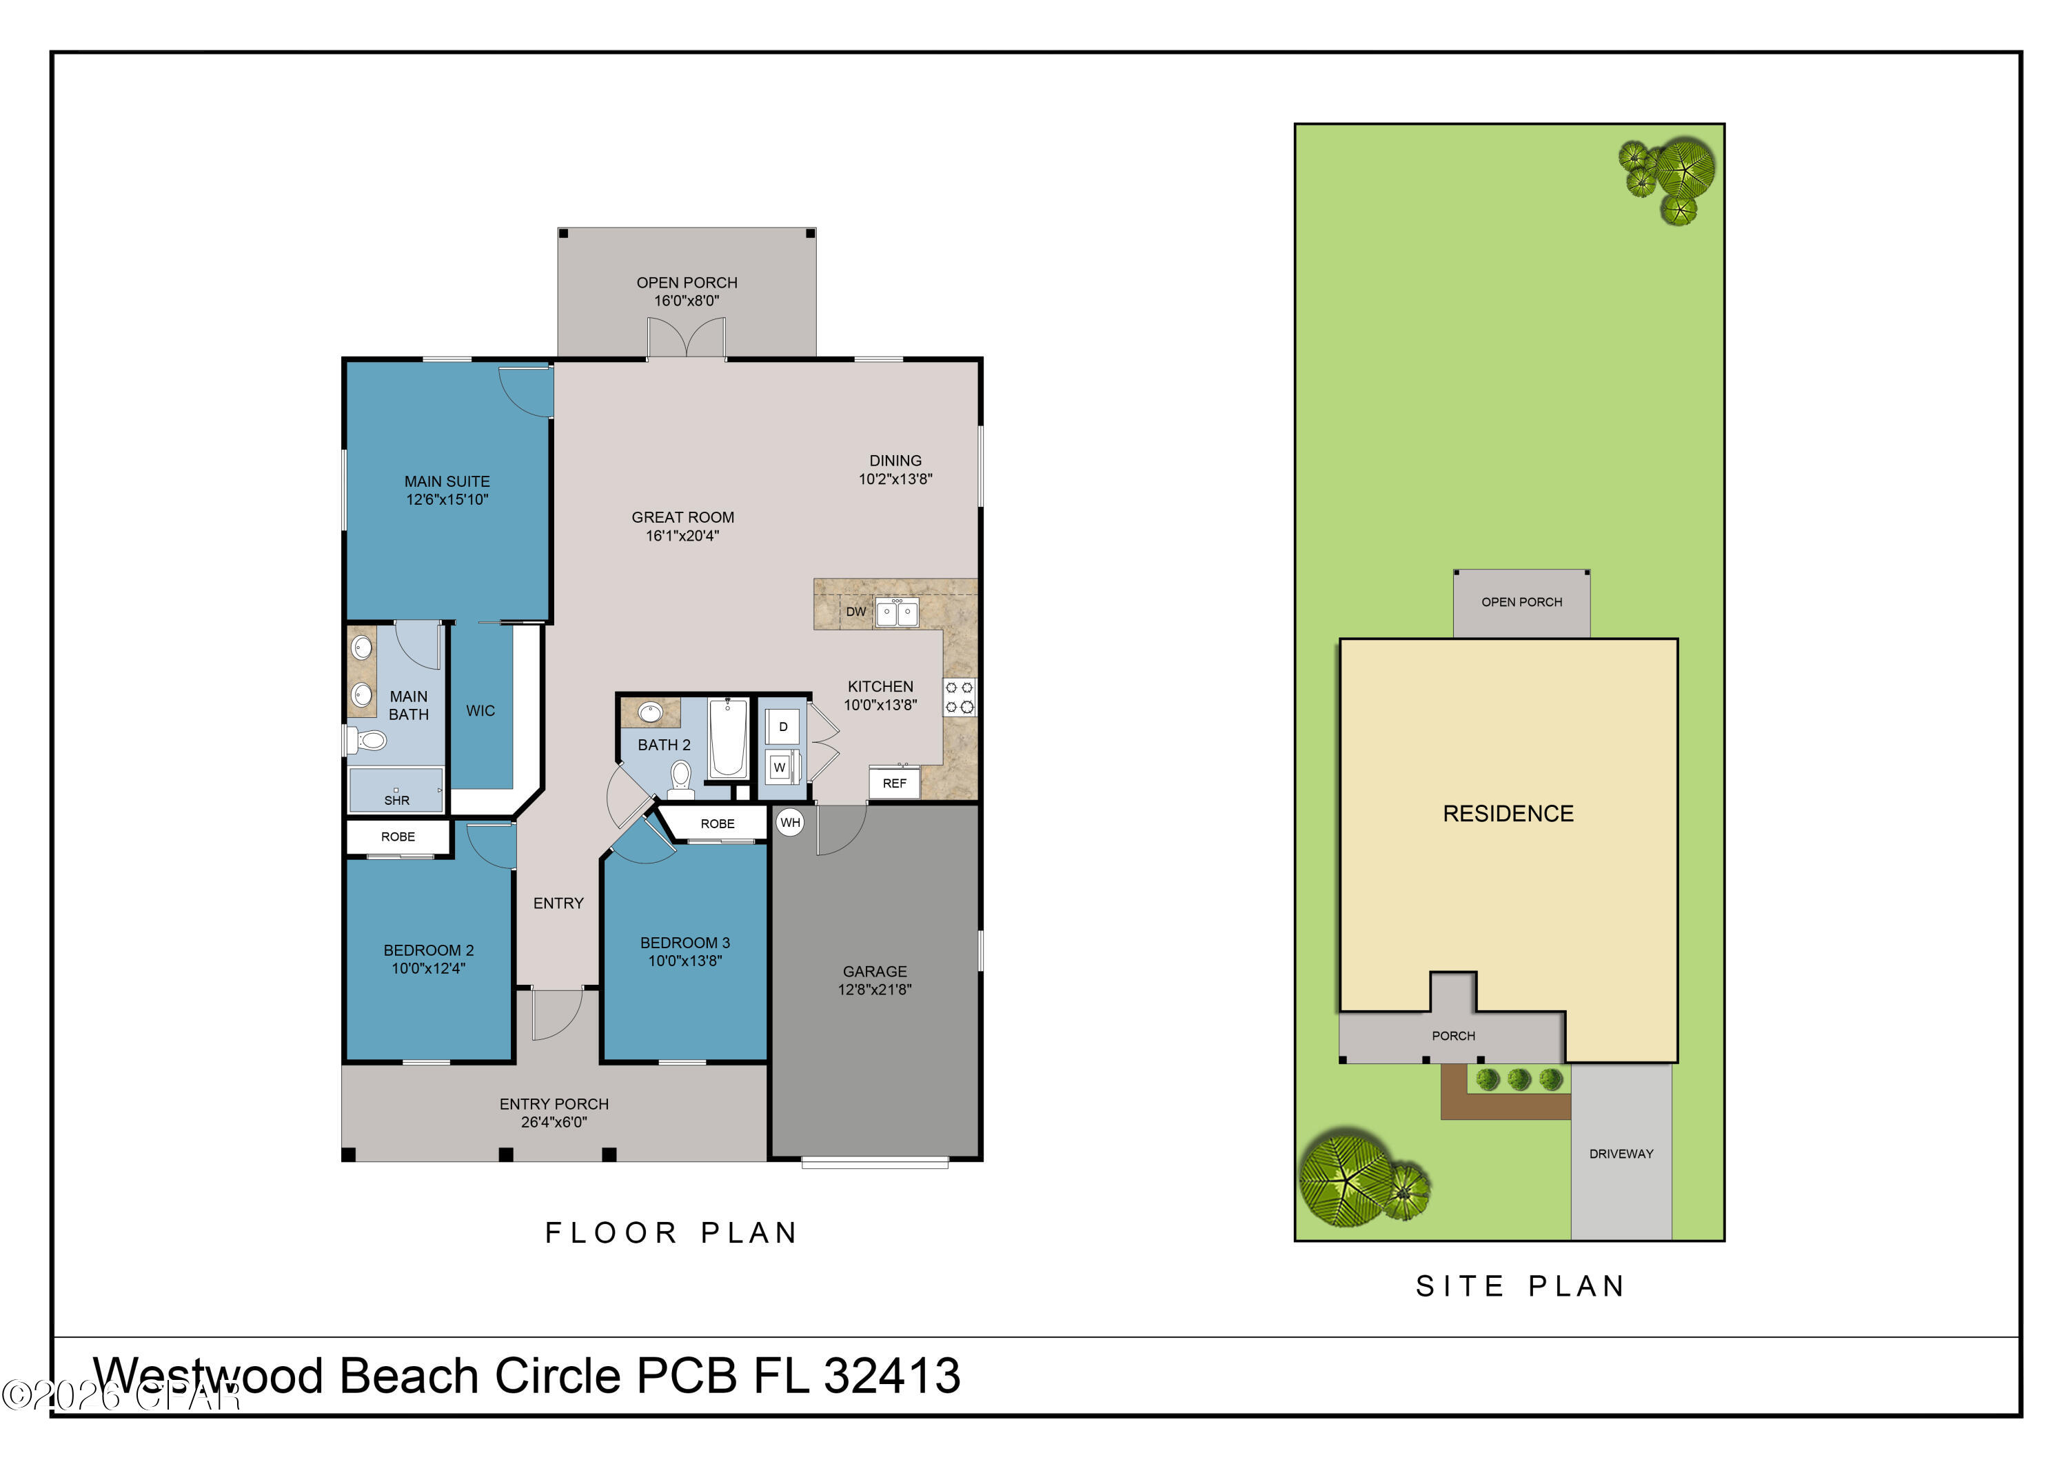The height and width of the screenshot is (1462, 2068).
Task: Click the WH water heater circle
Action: [x=790, y=823]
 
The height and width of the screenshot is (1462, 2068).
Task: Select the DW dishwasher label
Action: [x=855, y=612]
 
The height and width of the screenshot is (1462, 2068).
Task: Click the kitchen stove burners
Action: [x=960, y=697]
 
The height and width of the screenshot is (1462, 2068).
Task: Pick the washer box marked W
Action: [x=780, y=768]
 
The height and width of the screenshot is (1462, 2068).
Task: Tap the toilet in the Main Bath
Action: [x=368, y=741]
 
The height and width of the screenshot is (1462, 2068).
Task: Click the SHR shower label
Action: [x=396, y=800]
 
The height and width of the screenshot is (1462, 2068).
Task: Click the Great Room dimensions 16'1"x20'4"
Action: [x=682, y=536]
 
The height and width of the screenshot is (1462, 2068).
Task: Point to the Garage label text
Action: [x=875, y=971]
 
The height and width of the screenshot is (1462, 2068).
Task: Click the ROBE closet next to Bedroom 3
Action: [x=717, y=823]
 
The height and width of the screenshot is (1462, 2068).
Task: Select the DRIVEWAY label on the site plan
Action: [x=1621, y=1154]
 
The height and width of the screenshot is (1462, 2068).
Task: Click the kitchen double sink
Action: [x=896, y=612]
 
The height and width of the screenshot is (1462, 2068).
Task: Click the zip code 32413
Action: [x=892, y=1376]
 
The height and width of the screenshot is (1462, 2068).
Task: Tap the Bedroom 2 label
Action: [x=429, y=950]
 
